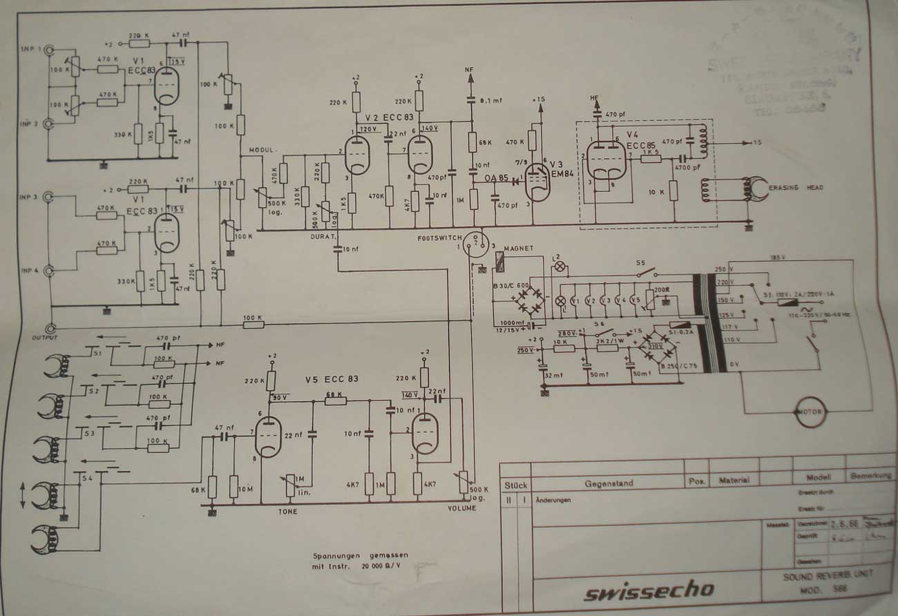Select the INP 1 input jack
click(x=49, y=50)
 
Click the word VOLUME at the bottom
click(x=461, y=509)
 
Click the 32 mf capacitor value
click(x=553, y=376)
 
